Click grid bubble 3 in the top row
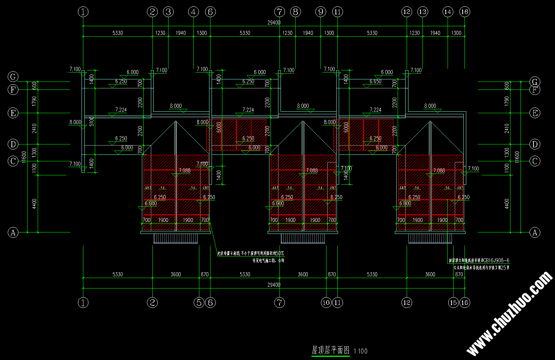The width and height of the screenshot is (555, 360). coord(168,12)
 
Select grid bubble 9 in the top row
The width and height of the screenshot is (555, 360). coord(320,12)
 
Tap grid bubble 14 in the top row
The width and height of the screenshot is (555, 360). coord(448,12)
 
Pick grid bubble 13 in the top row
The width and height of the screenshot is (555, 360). coord(422,12)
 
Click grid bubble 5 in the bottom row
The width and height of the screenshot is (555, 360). coord(199,303)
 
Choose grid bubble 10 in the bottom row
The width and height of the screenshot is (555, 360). coord(326,303)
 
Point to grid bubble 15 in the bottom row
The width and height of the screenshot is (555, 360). coord(453,303)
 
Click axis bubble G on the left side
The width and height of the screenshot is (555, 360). coord(13,77)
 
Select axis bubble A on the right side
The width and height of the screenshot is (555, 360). coord(535,232)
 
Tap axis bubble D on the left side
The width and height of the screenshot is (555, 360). coord(13,144)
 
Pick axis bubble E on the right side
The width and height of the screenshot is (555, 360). coord(535,113)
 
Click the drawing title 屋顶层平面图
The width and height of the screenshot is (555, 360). coord(330,350)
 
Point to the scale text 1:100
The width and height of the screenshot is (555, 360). coord(361,351)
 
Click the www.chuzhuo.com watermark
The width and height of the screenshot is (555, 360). coord(510,313)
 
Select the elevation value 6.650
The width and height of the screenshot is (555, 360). coord(375,82)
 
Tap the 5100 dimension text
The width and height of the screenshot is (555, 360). coord(92,121)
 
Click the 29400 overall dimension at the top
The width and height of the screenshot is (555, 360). coord(274,23)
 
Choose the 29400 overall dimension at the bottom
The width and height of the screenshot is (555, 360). coord(274,285)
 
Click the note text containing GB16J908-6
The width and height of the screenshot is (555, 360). coord(479,260)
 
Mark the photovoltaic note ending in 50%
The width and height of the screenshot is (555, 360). coord(250,253)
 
